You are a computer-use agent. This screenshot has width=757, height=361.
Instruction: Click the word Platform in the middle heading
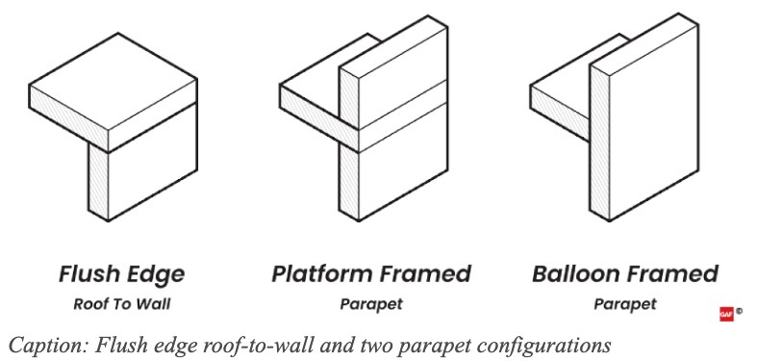tap(321, 274)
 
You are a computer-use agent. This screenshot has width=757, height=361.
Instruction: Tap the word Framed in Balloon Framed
tap(675, 274)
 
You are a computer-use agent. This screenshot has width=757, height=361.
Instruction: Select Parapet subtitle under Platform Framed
tap(370, 304)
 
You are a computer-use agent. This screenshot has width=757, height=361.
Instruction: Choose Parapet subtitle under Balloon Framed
tap(624, 304)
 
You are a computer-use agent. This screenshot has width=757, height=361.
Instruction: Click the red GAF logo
tap(726, 314)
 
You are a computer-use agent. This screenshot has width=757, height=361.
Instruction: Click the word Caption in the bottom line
tap(36, 344)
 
